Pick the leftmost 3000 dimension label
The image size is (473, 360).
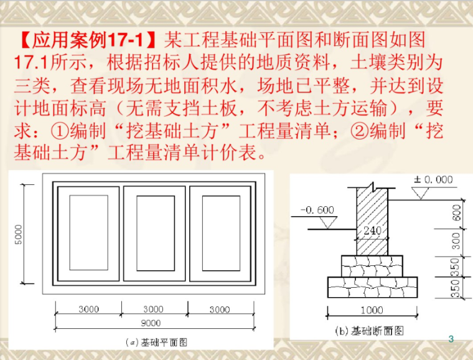point(88,309)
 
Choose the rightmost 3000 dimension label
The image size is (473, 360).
point(219,309)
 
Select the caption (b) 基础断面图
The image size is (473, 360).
point(370,330)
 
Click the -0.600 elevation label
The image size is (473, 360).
point(317,210)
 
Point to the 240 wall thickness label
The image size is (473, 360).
point(372,230)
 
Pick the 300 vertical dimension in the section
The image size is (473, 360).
point(457,242)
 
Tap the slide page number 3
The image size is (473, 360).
point(451,339)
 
